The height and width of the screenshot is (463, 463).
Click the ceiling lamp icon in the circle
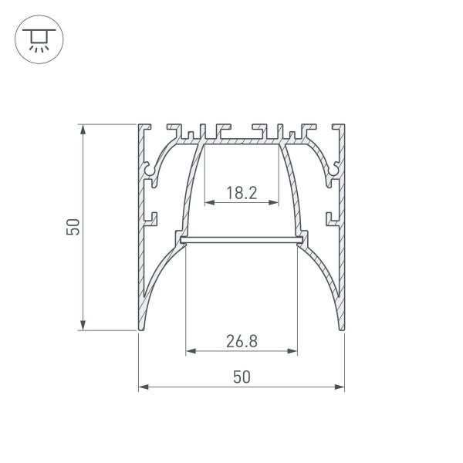tap(36, 39)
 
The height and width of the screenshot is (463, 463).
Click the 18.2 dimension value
tap(242, 193)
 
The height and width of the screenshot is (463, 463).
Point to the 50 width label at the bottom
tap(242, 377)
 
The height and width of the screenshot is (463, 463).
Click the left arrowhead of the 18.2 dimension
tap(207, 203)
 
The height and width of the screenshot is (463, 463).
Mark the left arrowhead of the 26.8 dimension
tap(189, 351)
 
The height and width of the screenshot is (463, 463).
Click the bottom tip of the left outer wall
tap(140, 328)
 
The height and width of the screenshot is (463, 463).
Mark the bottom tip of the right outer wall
tap(342, 328)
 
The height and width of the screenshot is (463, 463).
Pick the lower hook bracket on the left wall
tap(151, 218)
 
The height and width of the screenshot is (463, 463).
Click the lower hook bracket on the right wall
tap(331, 218)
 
